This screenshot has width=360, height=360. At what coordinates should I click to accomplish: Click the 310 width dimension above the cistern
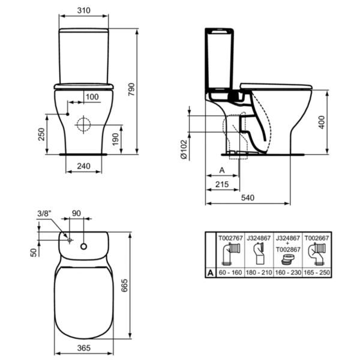tap(84, 11)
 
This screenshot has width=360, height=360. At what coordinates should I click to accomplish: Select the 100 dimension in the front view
tap(92, 97)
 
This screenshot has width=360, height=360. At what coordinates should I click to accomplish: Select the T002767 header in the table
tap(230, 238)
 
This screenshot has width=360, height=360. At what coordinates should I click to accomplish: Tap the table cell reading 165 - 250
tap(316, 272)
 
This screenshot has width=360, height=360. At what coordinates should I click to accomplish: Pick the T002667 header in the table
tap(316, 238)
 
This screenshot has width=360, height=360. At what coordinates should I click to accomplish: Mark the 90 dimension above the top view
tap(76, 214)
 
